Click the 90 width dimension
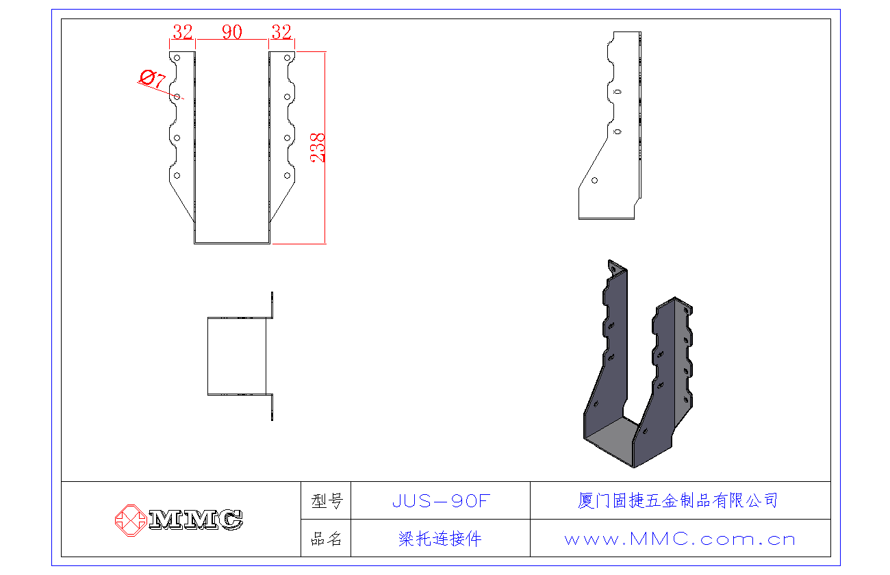click(x=232, y=31)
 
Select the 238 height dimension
click(x=318, y=147)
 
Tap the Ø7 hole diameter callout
click(x=153, y=78)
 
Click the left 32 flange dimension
click(x=183, y=31)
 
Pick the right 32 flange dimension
click(x=281, y=31)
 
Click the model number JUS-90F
click(x=441, y=500)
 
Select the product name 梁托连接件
click(x=440, y=539)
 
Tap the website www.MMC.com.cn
click(x=680, y=539)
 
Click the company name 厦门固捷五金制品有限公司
click(x=678, y=500)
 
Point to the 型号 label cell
click(x=326, y=500)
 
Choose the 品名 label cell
click(x=326, y=539)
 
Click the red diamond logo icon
click(x=131, y=520)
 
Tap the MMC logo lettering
click(x=196, y=520)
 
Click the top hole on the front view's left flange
click(x=177, y=58)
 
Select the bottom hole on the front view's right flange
click(x=287, y=176)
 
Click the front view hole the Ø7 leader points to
click(x=177, y=97)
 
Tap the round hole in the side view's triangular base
click(x=594, y=181)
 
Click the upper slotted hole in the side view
click(x=618, y=92)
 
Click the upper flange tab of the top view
click(x=272, y=305)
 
